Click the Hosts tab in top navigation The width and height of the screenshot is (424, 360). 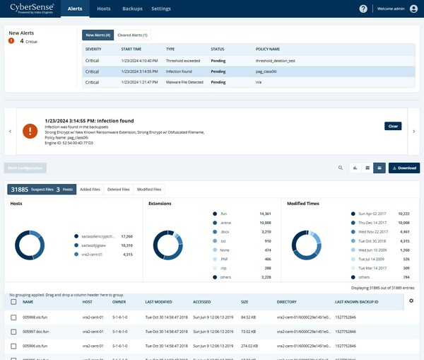point(103,8)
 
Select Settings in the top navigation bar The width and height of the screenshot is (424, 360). point(161,8)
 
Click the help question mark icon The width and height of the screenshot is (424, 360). point(363,8)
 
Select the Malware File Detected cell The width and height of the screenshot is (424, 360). point(184,82)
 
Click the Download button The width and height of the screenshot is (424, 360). point(404,168)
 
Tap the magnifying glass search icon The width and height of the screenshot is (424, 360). point(340,168)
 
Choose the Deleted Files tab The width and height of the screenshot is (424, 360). point(118,190)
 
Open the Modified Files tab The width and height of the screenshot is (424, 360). point(149,190)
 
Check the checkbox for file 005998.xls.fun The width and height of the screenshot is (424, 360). point(13,317)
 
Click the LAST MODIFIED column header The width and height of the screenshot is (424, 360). point(160,302)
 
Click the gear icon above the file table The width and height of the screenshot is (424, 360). point(411,301)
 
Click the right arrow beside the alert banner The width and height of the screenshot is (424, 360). point(414,131)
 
